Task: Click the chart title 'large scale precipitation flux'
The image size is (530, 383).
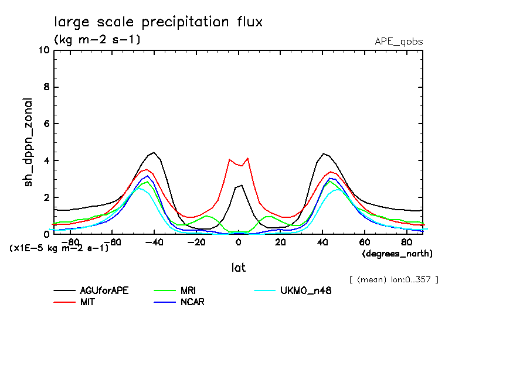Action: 158,22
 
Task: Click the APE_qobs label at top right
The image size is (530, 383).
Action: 399,42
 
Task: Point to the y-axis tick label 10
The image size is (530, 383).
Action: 43,50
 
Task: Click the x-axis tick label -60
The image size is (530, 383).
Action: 113,242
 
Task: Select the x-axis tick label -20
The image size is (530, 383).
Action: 196,242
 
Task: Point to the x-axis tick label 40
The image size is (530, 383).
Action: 322,242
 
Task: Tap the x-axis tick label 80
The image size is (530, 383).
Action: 406,242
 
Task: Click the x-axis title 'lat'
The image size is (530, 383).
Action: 238,267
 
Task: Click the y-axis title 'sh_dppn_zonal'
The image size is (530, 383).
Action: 28,142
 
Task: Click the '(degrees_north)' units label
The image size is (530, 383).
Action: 397,254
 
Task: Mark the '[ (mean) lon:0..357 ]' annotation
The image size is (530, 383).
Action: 393,279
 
